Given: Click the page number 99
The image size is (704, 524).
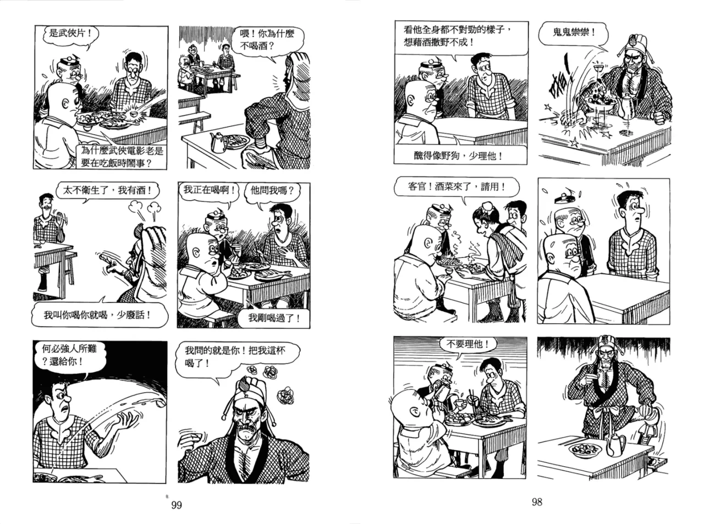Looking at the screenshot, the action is (177, 505).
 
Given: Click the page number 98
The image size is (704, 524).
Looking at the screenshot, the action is (537, 502).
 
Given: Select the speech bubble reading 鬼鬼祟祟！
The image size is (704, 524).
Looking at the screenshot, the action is (573, 33).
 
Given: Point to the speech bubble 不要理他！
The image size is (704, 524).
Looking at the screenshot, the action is (468, 344).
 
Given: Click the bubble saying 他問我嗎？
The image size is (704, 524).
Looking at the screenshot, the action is (272, 190).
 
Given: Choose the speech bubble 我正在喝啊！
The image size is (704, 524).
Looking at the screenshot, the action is (209, 190).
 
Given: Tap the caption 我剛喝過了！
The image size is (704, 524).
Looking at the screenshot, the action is (273, 318).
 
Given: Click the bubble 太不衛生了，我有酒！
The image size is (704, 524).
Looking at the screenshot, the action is (107, 190).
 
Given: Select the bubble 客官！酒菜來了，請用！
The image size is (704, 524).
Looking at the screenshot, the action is (457, 186).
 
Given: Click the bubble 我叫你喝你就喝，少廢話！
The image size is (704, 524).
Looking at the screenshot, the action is (100, 315).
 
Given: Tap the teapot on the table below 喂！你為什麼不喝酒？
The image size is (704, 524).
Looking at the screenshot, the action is (219, 142).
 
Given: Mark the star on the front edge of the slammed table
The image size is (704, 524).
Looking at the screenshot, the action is (574, 142).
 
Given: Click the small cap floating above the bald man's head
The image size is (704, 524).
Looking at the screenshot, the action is (563, 198).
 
